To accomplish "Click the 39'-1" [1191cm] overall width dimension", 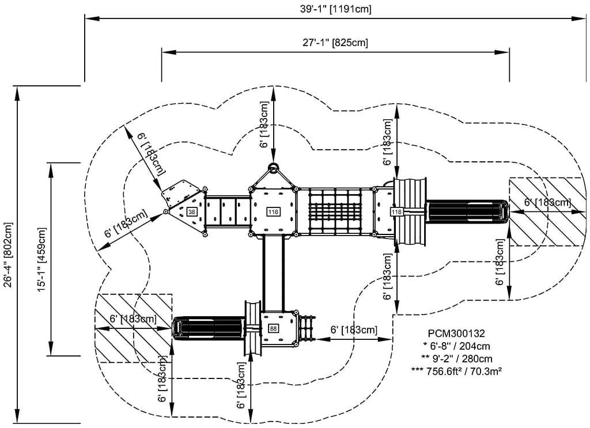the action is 335,9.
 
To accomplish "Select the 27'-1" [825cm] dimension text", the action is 335,42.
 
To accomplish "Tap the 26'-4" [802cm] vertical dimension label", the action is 8,255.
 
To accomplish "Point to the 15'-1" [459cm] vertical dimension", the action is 41,259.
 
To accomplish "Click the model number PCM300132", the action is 456,333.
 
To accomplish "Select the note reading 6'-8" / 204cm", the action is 456,346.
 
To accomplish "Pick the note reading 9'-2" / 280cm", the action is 456,359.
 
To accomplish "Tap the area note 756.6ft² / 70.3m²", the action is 456,371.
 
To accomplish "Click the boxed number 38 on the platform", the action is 192,212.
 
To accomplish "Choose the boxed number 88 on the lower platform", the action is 273,329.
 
